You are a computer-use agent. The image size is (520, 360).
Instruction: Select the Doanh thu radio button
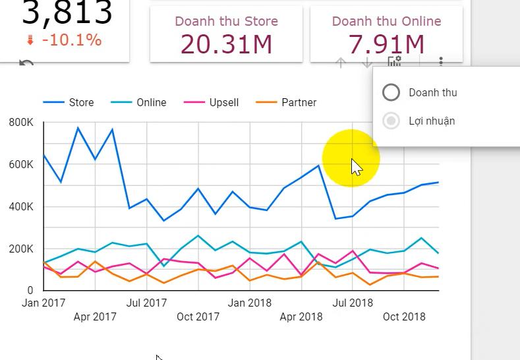pos(391,92)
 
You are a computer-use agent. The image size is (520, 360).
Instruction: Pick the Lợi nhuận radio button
pos(391,121)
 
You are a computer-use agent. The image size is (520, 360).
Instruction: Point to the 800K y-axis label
pos(21,123)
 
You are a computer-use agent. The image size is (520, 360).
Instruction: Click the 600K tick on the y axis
pos(21,164)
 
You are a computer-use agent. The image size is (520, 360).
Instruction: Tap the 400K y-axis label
pos(21,206)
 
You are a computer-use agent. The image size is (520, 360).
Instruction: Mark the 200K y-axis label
pos(21,249)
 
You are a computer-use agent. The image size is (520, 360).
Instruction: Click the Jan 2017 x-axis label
pos(43,303)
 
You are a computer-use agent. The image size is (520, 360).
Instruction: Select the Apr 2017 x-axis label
pos(95,316)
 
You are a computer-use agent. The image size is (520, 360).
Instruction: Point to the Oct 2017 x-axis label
pos(198,316)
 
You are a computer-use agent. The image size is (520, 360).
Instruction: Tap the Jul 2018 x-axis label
pos(352,303)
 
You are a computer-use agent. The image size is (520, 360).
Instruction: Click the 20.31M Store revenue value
pos(226,44)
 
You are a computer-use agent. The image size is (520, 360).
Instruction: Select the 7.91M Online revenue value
pos(386,44)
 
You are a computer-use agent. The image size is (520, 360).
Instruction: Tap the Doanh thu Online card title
pos(386,21)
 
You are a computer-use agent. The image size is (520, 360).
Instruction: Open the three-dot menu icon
pos(441,62)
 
